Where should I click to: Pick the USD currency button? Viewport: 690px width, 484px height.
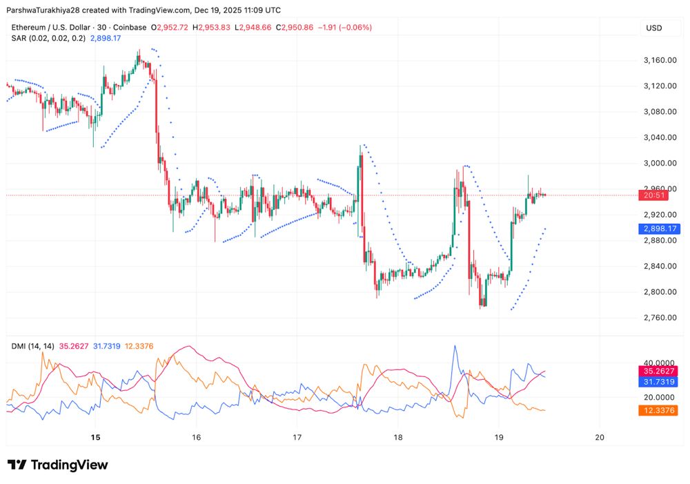click(x=653, y=28)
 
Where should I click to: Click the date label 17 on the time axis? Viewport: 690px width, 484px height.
click(x=297, y=437)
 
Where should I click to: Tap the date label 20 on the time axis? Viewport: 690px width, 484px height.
click(x=600, y=437)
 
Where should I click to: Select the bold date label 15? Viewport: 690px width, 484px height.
click(x=96, y=437)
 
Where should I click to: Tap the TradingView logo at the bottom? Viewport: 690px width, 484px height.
click(x=58, y=465)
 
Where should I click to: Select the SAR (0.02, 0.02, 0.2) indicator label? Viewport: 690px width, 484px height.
click(x=48, y=38)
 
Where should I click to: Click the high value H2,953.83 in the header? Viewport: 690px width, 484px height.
click(x=213, y=28)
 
